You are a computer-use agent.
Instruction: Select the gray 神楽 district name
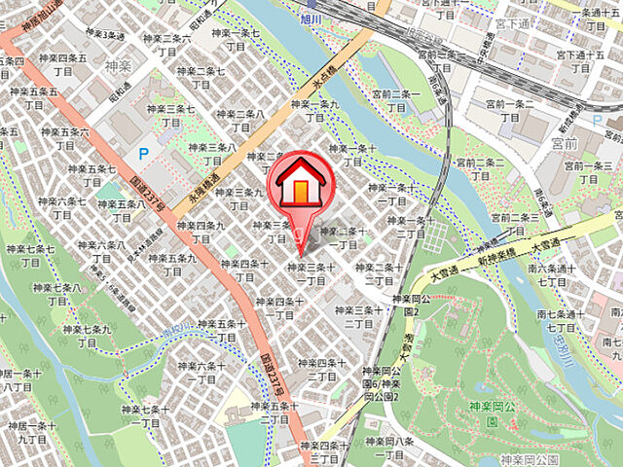click(x=117, y=67)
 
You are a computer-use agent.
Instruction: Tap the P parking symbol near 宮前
click(x=597, y=120)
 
